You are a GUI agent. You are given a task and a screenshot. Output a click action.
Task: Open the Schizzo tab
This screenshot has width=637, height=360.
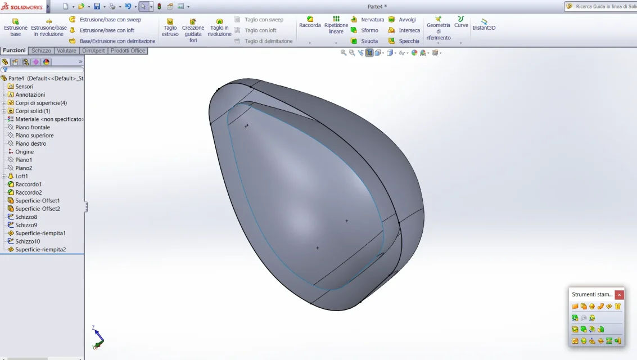click(41, 51)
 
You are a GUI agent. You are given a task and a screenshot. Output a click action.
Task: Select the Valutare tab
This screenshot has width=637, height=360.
click(66, 51)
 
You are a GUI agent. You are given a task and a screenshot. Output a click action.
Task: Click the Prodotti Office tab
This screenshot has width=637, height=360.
click(128, 51)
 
